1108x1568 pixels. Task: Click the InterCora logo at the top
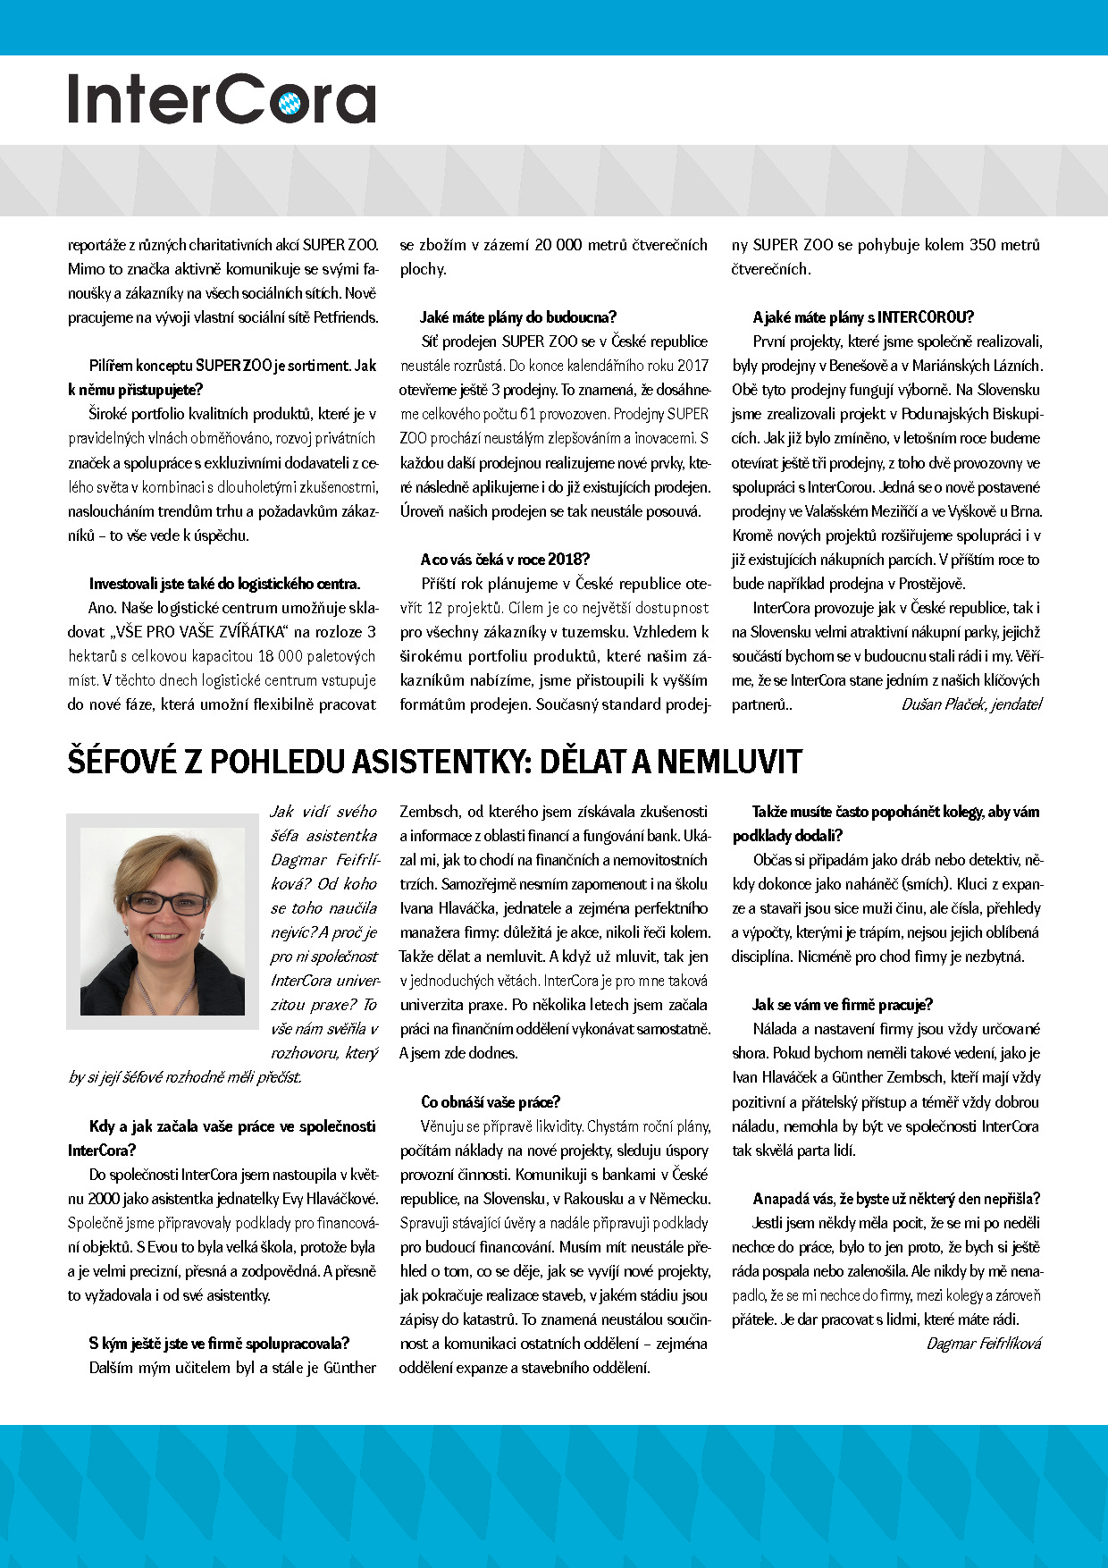coord(222,98)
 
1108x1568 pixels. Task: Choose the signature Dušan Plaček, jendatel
coord(972,704)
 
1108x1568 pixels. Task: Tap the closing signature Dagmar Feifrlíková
coord(984,1344)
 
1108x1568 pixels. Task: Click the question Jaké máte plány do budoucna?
coord(518,317)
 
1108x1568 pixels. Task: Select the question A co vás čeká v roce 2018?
coord(505,560)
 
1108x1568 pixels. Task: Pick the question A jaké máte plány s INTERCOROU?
coord(863,317)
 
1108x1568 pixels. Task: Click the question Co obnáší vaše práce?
coord(491,1102)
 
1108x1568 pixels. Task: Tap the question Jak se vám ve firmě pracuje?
coord(843,1005)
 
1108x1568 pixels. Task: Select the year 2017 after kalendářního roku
coord(692,366)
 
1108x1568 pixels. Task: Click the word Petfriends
coord(340,317)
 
